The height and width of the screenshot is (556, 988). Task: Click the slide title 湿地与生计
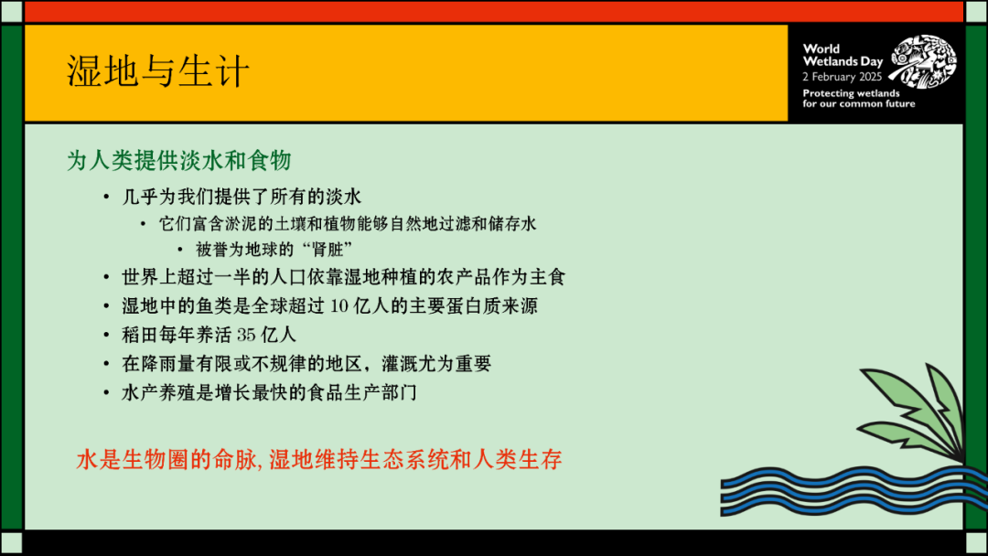(x=158, y=70)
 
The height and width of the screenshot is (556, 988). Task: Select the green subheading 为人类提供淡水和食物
(x=179, y=160)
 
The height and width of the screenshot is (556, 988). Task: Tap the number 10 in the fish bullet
(x=339, y=306)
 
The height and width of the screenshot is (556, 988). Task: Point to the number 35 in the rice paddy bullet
(x=246, y=335)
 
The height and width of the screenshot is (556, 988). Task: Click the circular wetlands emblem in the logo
(x=922, y=61)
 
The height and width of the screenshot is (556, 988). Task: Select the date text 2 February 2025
(x=842, y=77)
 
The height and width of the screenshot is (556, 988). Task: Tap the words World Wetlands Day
(x=843, y=55)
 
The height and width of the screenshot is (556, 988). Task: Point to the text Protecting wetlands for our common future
(x=858, y=98)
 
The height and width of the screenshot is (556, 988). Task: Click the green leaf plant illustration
(x=914, y=412)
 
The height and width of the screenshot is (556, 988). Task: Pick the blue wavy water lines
(x=854, y=491)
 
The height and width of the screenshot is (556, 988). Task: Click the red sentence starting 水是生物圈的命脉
(x=319, y=460)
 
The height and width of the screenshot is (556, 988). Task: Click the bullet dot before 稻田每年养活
(x=106, y=335)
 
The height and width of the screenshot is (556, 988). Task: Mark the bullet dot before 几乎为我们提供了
(x=106, y=198)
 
